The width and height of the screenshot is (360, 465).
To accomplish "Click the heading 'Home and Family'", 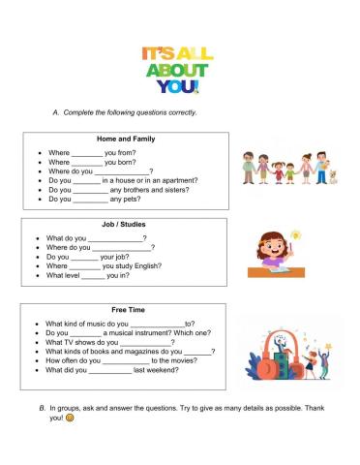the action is coord(126,139).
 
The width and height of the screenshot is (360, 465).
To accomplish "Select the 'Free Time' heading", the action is coord(126,310).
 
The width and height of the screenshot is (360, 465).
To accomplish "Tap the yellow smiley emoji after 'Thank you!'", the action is coord(72,420).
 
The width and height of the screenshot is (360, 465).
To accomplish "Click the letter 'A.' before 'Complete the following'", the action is coord(55,112).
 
